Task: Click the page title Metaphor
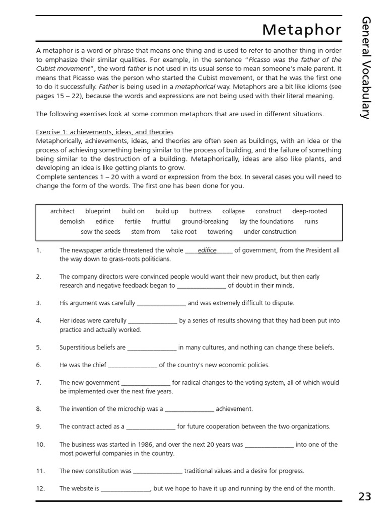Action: (301, 30)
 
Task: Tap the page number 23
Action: (365, 497)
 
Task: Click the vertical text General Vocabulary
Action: (366, 67)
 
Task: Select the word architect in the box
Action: (62, 211)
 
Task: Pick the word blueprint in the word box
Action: (98, 211)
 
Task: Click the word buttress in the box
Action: (200, 211)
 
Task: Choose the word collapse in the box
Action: (233, 211)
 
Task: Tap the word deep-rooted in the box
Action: (309, 211)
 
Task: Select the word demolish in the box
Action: (72, 221)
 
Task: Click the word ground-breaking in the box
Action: (205, 221)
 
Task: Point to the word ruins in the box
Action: (311, 221)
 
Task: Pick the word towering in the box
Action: (220, 232)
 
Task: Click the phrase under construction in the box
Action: (270, 232)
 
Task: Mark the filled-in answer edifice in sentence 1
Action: (207, 250)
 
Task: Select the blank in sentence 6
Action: (133, 365)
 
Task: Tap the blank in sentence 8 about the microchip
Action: (189, 409)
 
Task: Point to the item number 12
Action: (41, 488)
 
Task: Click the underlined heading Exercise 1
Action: (104, 132)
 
